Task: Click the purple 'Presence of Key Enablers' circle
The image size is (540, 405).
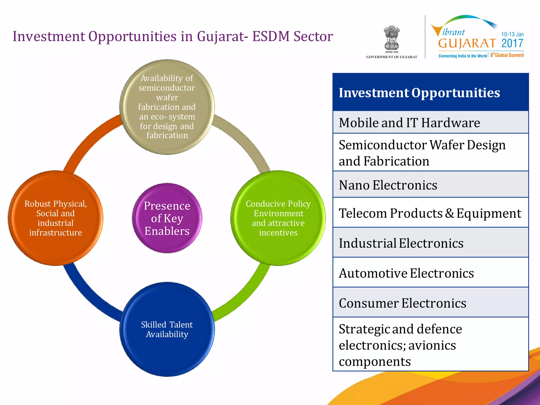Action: click(x=167, y=218)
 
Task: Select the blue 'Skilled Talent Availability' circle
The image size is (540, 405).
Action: click(x=167, y=329)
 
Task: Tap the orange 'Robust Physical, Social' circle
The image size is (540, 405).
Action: click(x=55, y=218)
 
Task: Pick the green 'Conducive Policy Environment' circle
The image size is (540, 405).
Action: click(x=278, y=218)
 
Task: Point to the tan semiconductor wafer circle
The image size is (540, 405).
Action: click(x=167, y=107)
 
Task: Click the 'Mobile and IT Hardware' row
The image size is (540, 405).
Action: click(x=430, y=122)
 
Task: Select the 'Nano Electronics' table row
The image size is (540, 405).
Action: click(x=430, y=185)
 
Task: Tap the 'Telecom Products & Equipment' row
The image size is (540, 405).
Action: click(x=430, y=213)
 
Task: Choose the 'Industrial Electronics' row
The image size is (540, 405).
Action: click(x=430, y=243)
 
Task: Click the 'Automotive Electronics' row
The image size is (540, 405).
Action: click(x=430, y=273)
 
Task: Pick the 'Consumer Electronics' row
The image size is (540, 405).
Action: click(x=430, y=303)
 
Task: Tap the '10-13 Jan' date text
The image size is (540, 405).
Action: click(x=512, y=34)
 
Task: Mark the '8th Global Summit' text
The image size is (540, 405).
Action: click(x=507, y=55)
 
